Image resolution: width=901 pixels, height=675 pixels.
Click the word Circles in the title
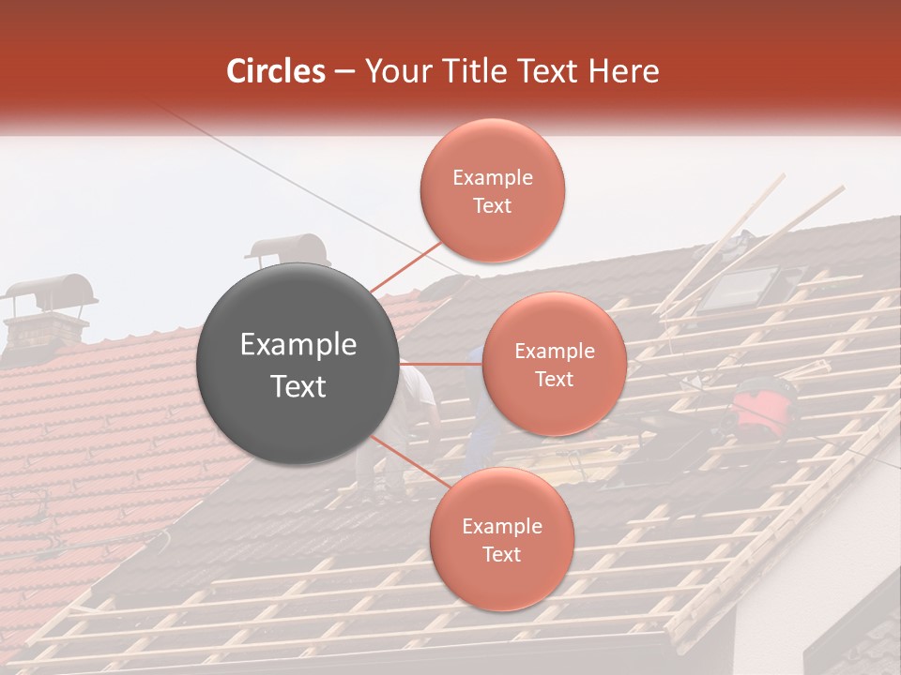pos(275,71)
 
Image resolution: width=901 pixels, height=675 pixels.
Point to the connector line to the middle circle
pos(441,364)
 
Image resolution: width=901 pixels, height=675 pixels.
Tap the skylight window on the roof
pos(740,288)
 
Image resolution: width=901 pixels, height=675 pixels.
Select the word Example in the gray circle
pos(298,345)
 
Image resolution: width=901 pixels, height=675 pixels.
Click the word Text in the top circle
pos(492,205)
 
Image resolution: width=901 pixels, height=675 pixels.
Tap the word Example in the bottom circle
pos(501,527)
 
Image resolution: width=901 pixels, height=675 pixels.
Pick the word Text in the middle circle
pos(554,379)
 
